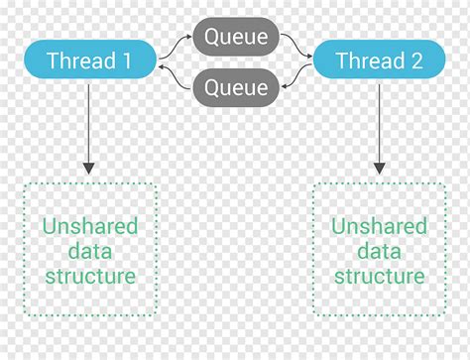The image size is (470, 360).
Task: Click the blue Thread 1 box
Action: pyautogui.click(x=89, y=60)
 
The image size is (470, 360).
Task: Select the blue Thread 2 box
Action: pyautogui.click(x=379, y=60)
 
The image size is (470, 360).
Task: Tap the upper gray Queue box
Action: pyautogui.click(x=235, y=37)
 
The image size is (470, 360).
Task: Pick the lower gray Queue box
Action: pyautogui.click(x=235, y=87)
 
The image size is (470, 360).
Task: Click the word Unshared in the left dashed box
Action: pyautogui.click(x=89, y=227)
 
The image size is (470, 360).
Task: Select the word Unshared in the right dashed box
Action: pyautogui.click(x=379, y=227)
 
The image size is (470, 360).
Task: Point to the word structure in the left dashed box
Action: pyautogui.click(x=89, y=277)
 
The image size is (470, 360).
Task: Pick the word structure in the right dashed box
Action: pyautogui.click(x=379, y=277)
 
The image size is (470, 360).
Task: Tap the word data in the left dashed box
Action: pyautogui.click(x=89, y=252)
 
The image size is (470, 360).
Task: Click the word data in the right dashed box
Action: pyautogui.click(x=379, y=252)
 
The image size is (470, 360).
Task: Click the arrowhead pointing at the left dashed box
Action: pyautogui.click(x=89, y=168)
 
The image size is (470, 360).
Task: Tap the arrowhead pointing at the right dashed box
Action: pyautogui.click(x=379, y=168)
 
